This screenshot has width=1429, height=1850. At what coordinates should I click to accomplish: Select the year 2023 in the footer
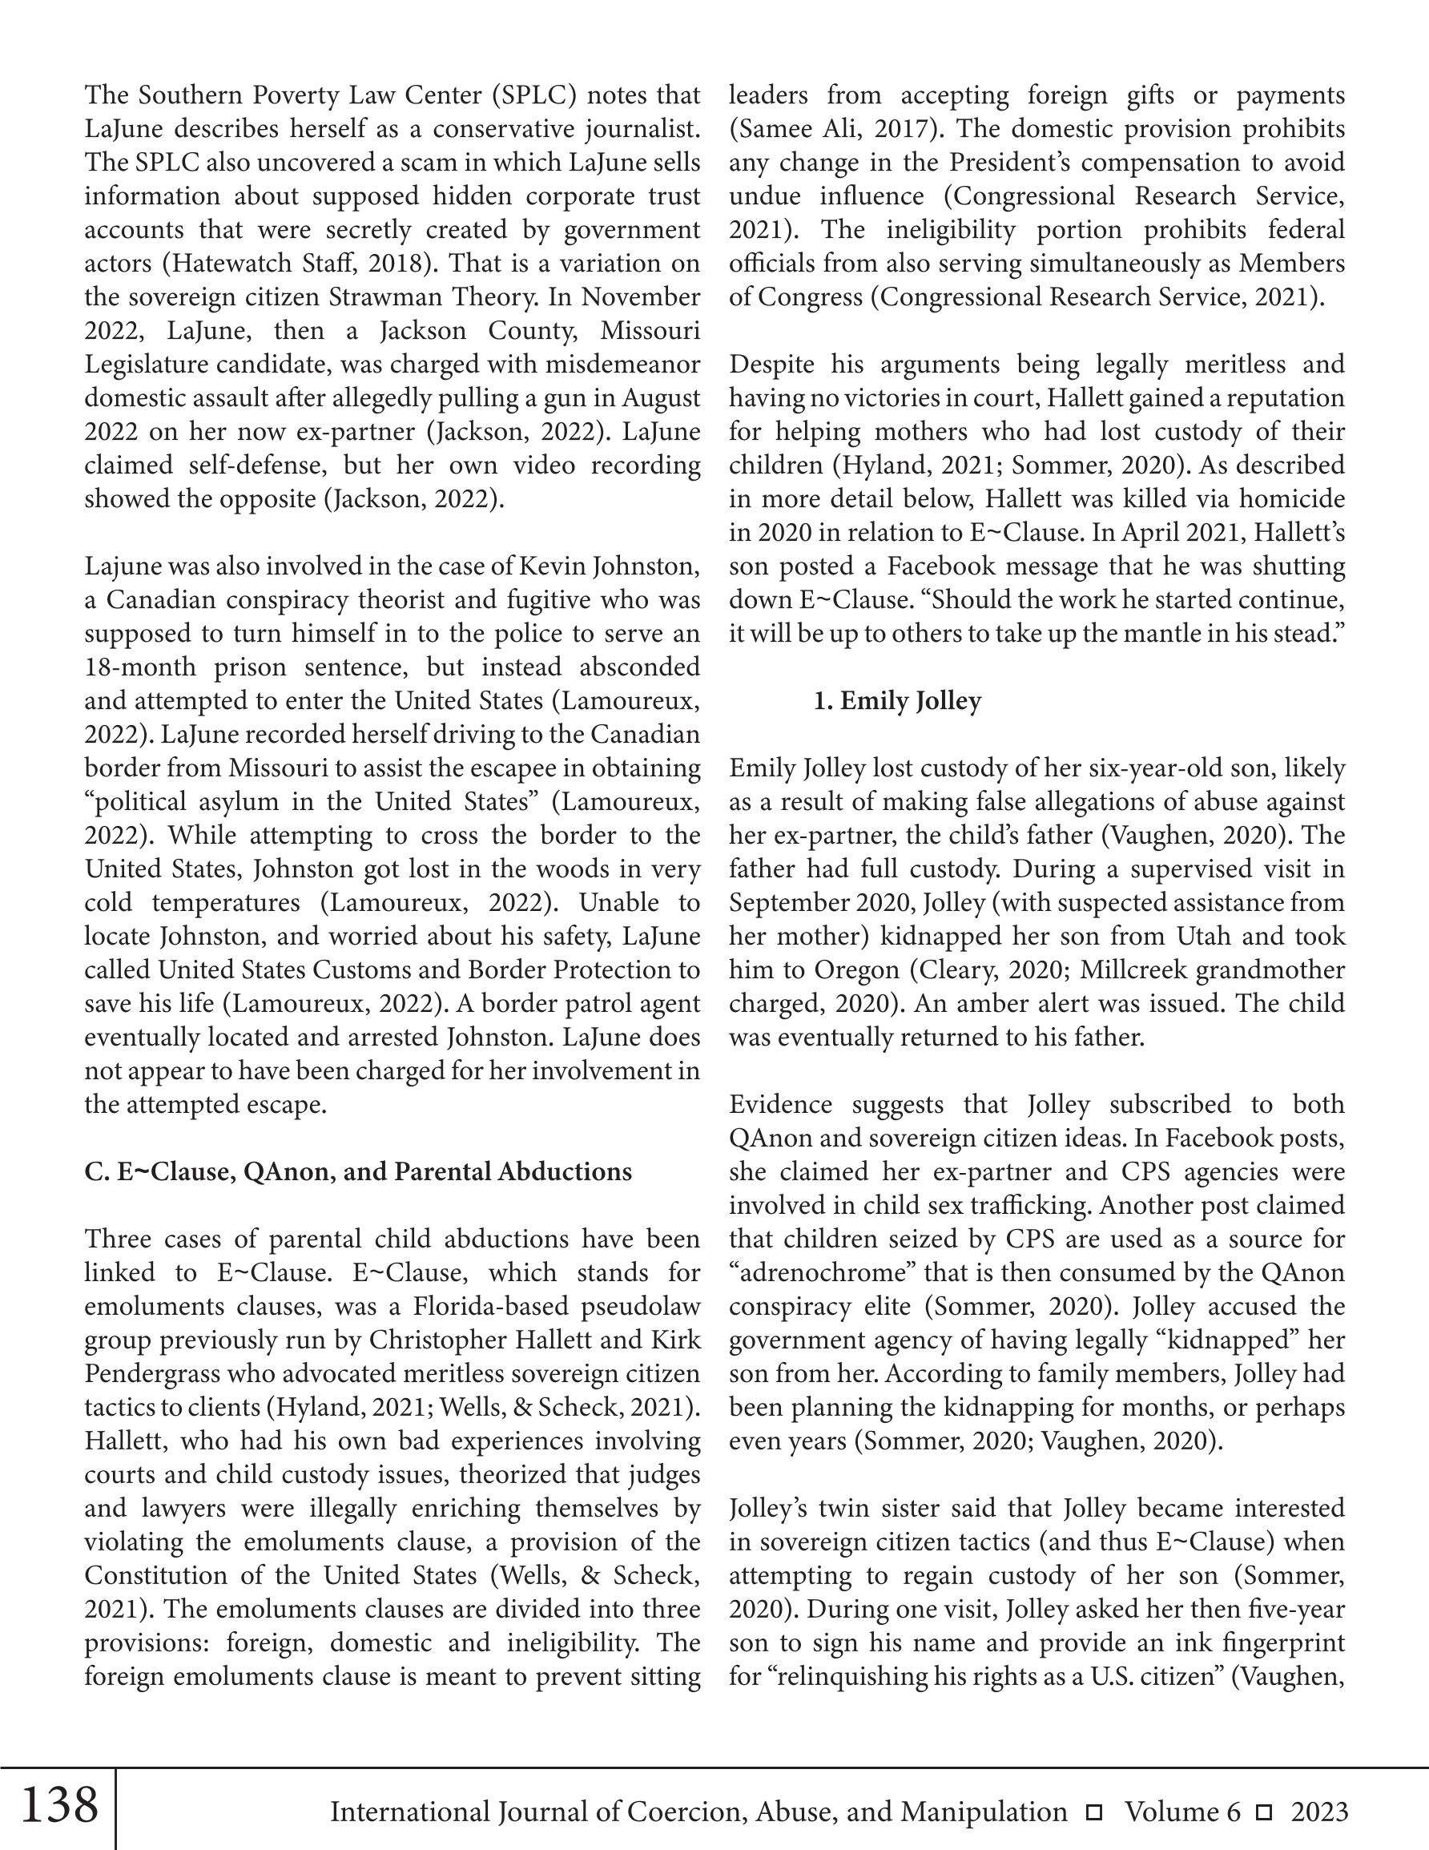point(1319,1812)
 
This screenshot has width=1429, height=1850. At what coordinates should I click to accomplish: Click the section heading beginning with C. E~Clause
point(357,1171)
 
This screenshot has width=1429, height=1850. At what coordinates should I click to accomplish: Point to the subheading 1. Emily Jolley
point(897,700)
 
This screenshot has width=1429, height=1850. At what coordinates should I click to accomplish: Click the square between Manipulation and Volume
point(1094,1812)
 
